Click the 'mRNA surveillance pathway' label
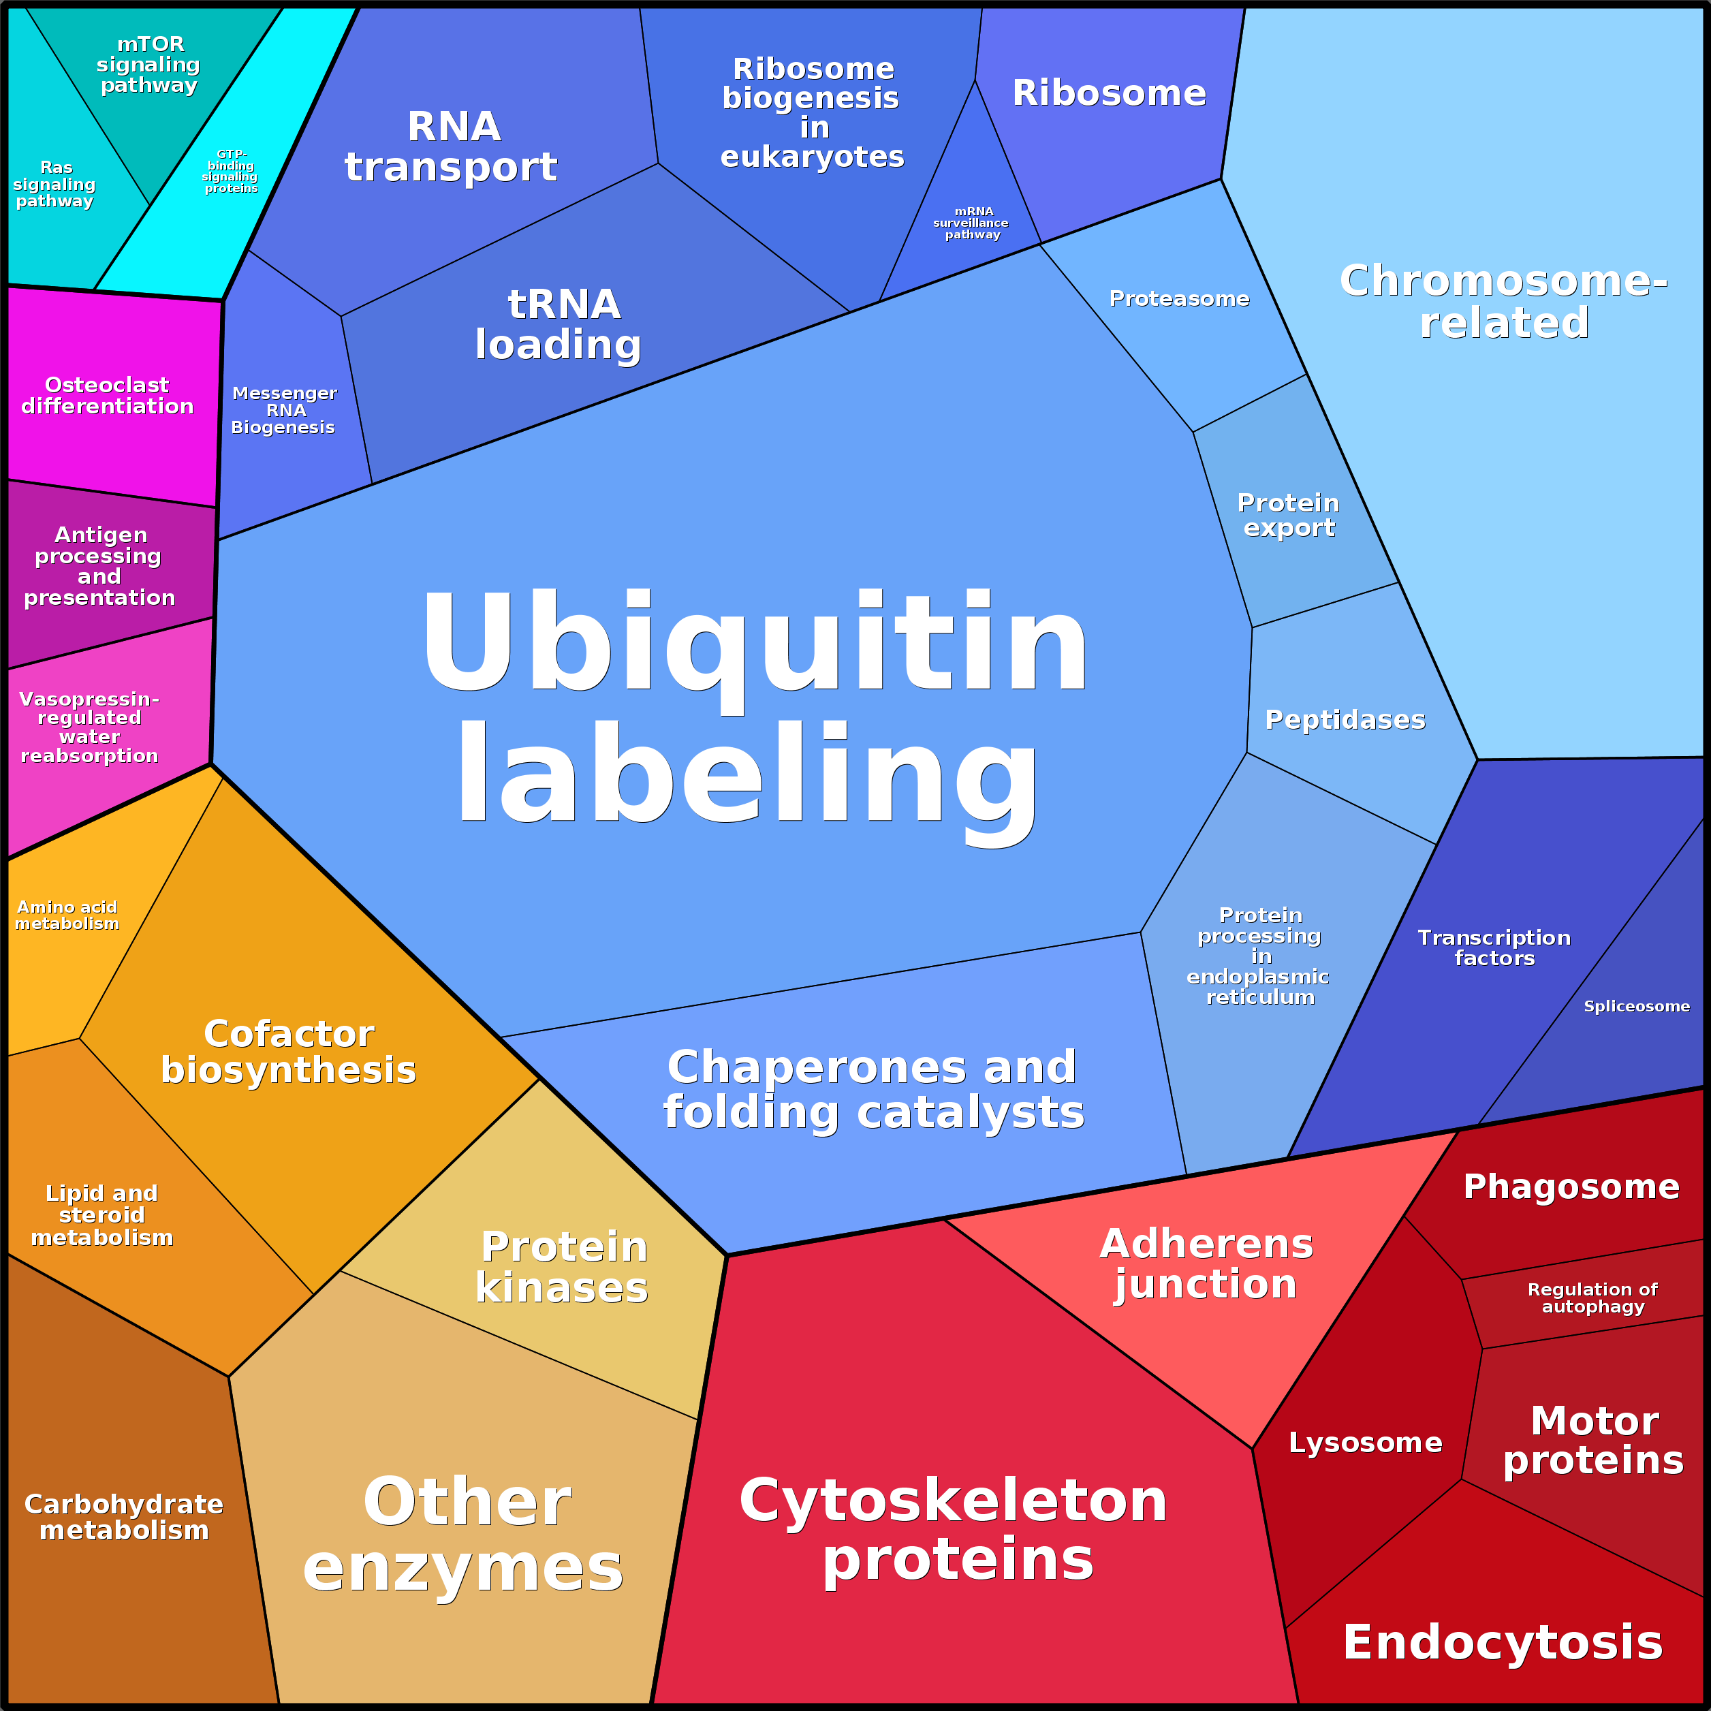coord(971,223)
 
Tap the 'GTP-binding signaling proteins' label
coord(230,171)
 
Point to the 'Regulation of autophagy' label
coord(1592,1298)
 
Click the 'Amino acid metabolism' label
coord(67,915)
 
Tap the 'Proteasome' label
coord(1179,298)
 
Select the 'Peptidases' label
coord(1345,719)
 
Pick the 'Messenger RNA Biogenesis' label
coord(283,410)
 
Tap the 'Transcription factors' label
coord(1494,947)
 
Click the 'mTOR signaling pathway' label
coord(148,65)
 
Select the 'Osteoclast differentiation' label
coord(107,395)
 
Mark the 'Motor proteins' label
coord(1593,1441)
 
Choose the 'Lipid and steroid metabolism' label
coord(102,1215)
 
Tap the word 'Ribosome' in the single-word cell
coord(1109,93)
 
